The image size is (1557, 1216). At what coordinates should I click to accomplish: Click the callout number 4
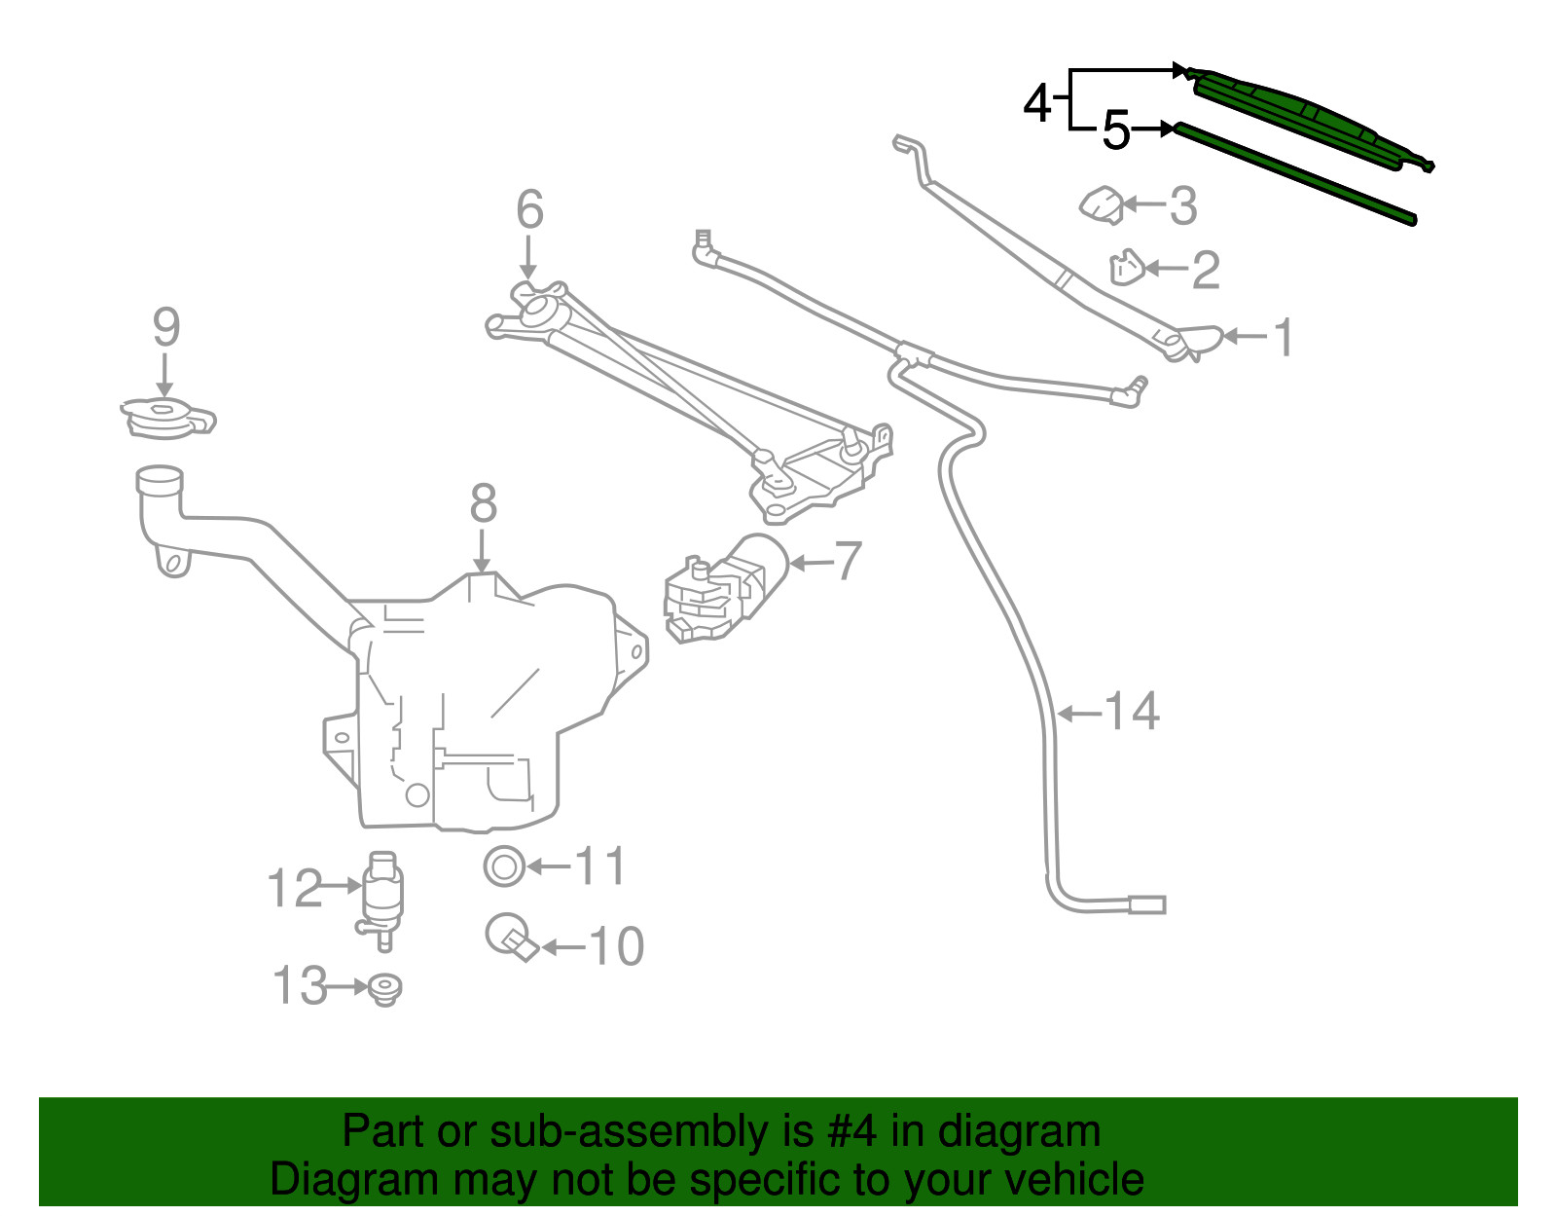coord(1036,104)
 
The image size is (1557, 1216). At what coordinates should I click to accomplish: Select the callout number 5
coord(1116,130)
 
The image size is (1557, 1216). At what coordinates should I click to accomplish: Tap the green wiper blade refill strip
coord(1295,172)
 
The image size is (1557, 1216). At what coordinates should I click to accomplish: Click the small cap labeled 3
coord(1102,204)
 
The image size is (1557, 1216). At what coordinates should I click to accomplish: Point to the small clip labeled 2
coord(1127,268)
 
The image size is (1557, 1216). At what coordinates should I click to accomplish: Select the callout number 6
coord(529,209)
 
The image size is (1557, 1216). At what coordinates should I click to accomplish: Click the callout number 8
coord(483,503)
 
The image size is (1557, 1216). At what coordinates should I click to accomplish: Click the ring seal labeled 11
coord(504,866)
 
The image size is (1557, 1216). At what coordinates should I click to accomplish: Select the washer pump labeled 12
coord(381,901)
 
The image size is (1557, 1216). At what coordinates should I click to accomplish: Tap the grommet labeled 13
coord(385,989)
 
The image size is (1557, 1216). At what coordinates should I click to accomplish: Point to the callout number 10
coord(616,946)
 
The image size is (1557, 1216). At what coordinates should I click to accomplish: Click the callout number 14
coord(1132,712)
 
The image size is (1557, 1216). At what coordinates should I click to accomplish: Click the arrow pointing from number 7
coord(811,563)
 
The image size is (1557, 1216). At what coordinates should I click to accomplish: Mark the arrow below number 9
coord(164,375)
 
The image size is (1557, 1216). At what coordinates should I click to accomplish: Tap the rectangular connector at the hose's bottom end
coord(1147,904)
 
